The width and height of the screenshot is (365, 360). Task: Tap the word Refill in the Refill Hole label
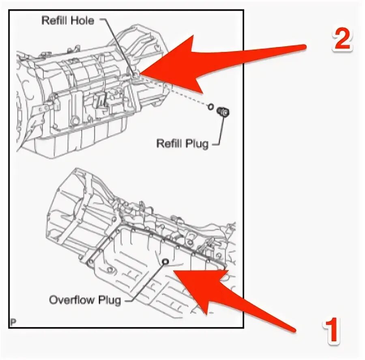click(x=54, y=20)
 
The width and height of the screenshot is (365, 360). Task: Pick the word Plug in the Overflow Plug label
click(x=109, y=300)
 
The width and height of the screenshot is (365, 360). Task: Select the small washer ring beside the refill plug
click(x=210, y=107)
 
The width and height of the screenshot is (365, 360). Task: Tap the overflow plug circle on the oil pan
click(x=165, y=261)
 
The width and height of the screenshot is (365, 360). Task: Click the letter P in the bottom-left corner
click(x=13, y=322)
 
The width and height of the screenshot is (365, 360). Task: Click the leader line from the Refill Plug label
click(x=222, y=130)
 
